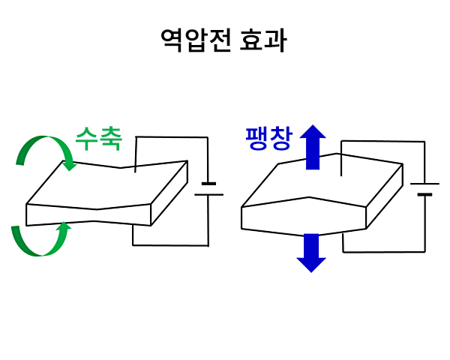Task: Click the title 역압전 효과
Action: coord(223,40)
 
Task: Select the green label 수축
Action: coord(98,138)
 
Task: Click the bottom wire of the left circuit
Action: coord(169,244)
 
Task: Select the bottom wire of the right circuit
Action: coord(382,251)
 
